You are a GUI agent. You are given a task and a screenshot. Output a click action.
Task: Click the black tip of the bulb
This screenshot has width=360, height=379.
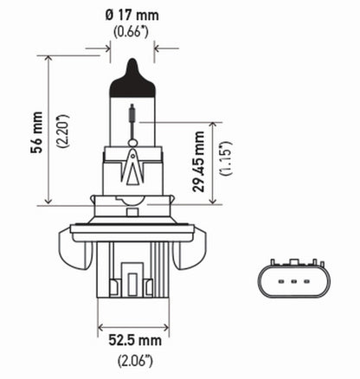pos(132,68)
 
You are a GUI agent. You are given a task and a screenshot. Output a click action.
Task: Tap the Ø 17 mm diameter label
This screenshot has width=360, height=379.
pos(132,14)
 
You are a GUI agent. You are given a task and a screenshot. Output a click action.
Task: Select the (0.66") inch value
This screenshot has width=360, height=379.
pos(132,33)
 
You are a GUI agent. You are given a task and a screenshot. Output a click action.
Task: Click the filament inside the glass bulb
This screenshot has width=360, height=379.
pos(132,115)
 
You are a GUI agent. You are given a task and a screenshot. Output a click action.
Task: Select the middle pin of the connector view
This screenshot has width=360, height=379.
pos(290,280)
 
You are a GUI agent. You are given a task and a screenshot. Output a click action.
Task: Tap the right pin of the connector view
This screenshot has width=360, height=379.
pos(304,280)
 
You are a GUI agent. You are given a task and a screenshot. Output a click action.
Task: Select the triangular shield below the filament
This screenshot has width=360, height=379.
pos(132,164)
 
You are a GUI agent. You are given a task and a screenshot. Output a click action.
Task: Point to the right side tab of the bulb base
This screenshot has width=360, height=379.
pos(191,243)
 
